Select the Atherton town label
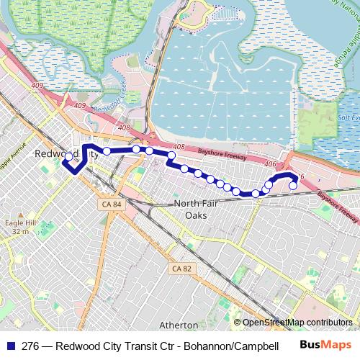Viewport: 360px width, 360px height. [x=179, y=325]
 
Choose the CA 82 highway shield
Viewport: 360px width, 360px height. [x=181, y=269]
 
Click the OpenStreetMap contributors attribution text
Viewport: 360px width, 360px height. [x=297, y=323]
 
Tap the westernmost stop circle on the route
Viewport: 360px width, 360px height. [x=69, y=156]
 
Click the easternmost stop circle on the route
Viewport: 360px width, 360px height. [x=293, y=186]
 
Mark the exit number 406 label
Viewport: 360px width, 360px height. [x=271, y=165]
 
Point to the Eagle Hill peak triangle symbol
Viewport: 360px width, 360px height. [x=22, y=214]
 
